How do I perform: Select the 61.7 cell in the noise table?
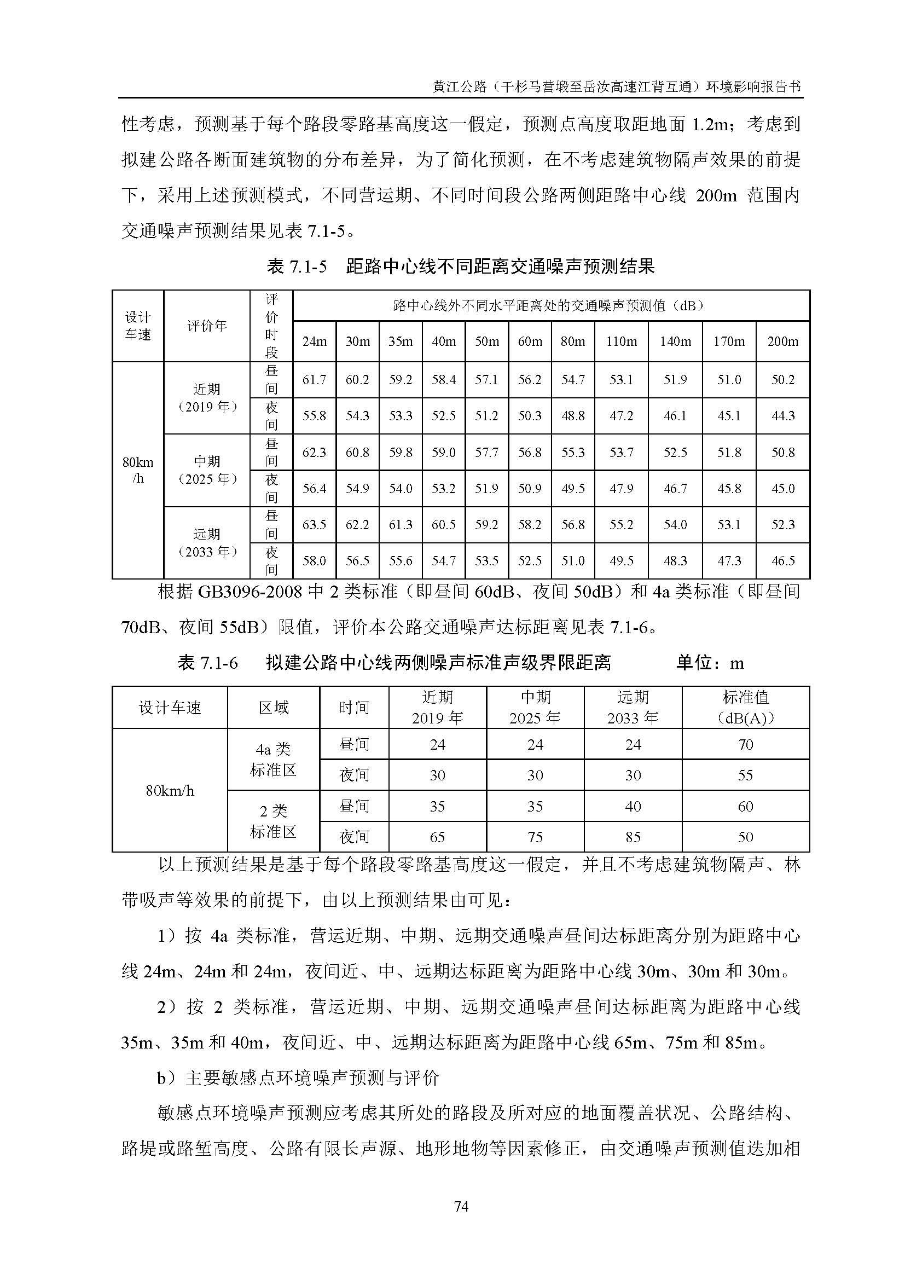click(314, 380)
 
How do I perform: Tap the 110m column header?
click(622, 341)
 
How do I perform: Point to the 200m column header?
click(782, 341)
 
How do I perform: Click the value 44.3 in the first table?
click(782, 416)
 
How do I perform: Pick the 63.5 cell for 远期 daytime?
click(314, 525)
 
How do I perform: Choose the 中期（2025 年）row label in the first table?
click(207, 470)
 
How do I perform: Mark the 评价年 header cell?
click(207, 326)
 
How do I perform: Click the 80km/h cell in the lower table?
click(170, 791)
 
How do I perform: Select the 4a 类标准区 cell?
click(273, 760)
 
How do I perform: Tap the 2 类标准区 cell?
click(273, 821)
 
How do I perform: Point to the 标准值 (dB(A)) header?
click(745, 708)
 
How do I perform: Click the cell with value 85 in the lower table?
click(633, 837)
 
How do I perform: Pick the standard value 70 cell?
click(745, 744)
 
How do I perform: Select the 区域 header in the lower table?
click(273, 708)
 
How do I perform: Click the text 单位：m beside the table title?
click(710, 663)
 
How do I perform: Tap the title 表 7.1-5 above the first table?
click(297, 267)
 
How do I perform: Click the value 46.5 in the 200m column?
click(782, 561)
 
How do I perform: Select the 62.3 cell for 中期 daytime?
click(314, 452)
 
